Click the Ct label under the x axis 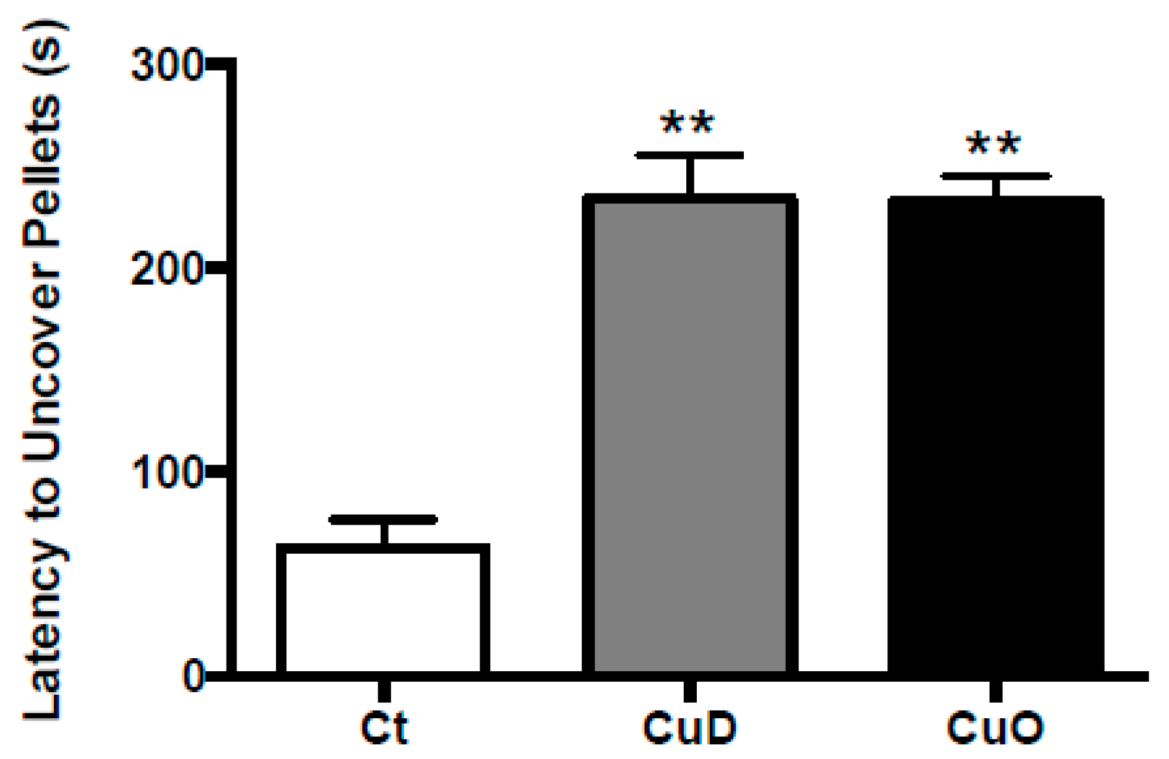click(384, 727)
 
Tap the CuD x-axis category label click(690, 727)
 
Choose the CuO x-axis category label click(996, 727)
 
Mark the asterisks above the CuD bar click(688, 122)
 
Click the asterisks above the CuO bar click(993, 144)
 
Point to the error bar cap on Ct click(383, 520)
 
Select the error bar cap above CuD click(689, 155)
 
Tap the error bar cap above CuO click(996, 176)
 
